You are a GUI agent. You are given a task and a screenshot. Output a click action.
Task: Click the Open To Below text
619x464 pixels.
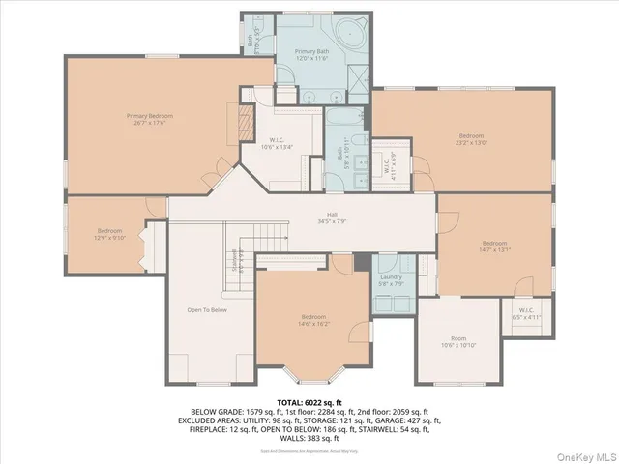pyautogui.click(x=207, y=310)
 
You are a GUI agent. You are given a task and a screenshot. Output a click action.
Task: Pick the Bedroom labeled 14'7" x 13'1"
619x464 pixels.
pyautogui.click(x=495, y=245)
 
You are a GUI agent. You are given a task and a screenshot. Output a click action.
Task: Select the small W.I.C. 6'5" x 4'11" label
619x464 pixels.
pyautogui.click(x=526, y=314)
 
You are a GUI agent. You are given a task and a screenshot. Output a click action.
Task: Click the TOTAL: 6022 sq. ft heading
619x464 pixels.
pyautogui.click(x=309, y=400)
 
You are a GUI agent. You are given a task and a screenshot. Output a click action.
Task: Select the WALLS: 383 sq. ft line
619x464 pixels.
pyautogui.click(x=309, y=440)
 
